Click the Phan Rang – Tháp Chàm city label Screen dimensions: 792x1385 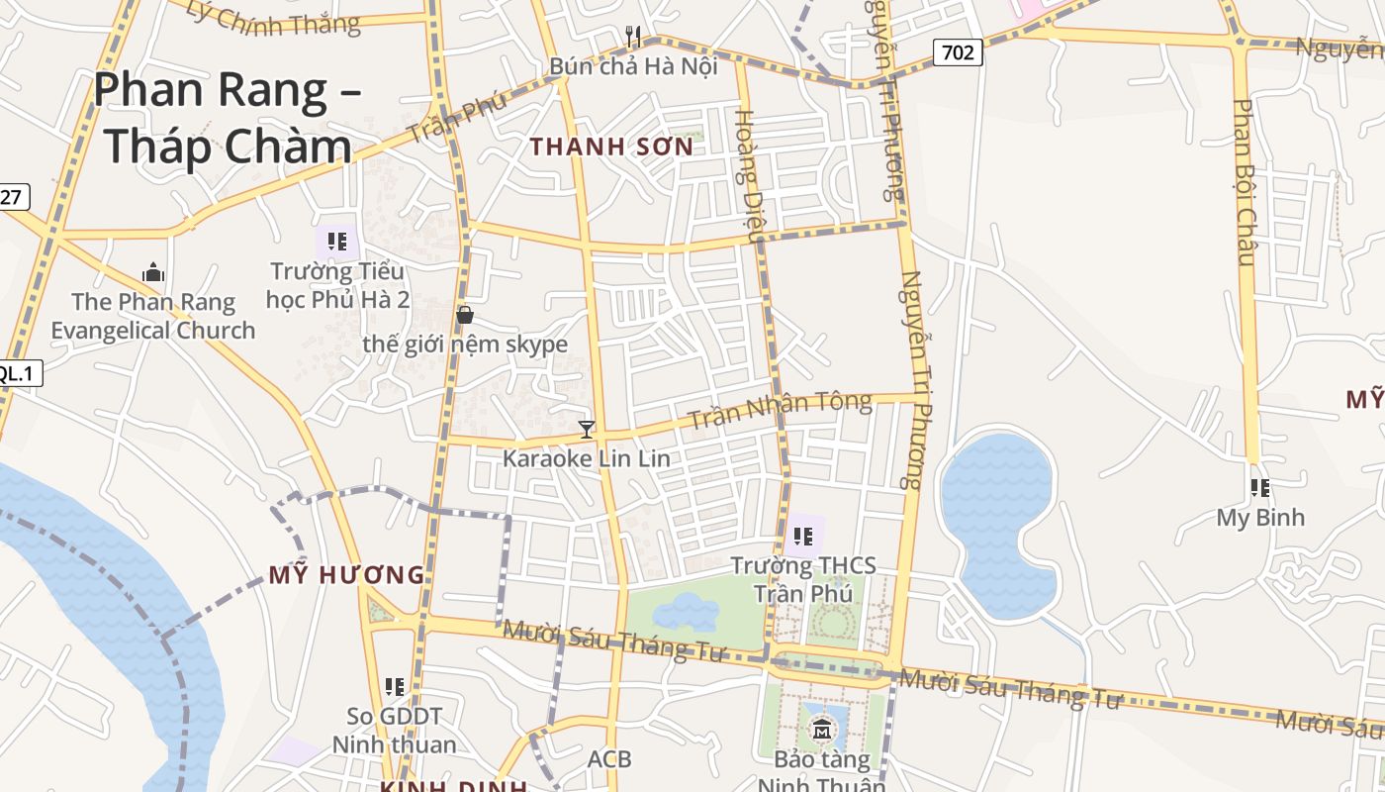(x=228, y=118)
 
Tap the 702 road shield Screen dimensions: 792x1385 (x=958, y=52)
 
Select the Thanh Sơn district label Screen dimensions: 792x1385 (x=610, y=147)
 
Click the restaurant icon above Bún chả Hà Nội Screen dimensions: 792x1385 (x=634, y=38)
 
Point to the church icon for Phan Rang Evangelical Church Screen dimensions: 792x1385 (x=153, y=272)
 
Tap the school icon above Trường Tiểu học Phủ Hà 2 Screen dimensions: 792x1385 (x=337, y=241)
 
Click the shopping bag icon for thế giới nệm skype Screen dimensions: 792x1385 (x=465, y=315)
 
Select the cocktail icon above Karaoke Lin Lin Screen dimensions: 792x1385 (x=587, y=430)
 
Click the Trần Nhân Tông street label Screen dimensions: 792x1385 (x=780, y=409)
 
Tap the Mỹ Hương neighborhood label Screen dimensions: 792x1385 (x=346, y=574)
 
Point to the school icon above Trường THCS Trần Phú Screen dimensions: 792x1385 (x=803, y=537)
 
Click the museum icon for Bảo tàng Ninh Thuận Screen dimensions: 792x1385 (x=822, y=732)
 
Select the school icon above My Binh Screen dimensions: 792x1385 (x=1259, y=487)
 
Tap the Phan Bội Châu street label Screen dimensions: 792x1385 (x=1245, y=182)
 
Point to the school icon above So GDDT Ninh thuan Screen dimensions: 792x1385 (x=395, y=686)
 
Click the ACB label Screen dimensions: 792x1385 (x=609, y=759)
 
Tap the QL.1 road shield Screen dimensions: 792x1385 (x=17, y=373)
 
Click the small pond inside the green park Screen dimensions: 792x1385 (x=687, y=611)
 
